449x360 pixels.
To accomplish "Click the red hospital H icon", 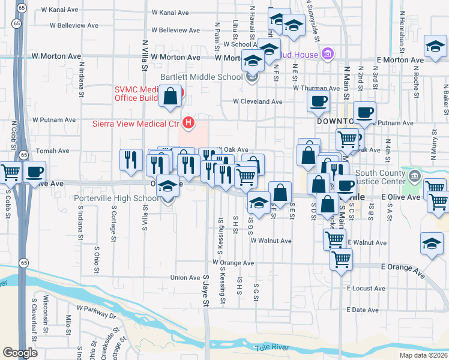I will [x=189, y=124].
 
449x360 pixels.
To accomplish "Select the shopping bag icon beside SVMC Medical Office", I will [x=170, y=97].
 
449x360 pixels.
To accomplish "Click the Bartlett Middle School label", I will [x=201, y=77].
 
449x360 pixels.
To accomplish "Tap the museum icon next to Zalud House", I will [x=327, y=55].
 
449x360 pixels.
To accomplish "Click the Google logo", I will [x=20, y=352].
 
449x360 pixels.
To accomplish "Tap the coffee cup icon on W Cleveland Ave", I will [x=318, y=101].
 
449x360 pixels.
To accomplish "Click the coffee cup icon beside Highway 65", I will [x=35, y=172].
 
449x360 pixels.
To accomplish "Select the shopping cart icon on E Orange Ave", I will [x=342, y=260].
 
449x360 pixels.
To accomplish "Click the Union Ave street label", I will [x=185, y=277].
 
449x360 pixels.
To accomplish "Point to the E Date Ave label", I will [x=364, y=310].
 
